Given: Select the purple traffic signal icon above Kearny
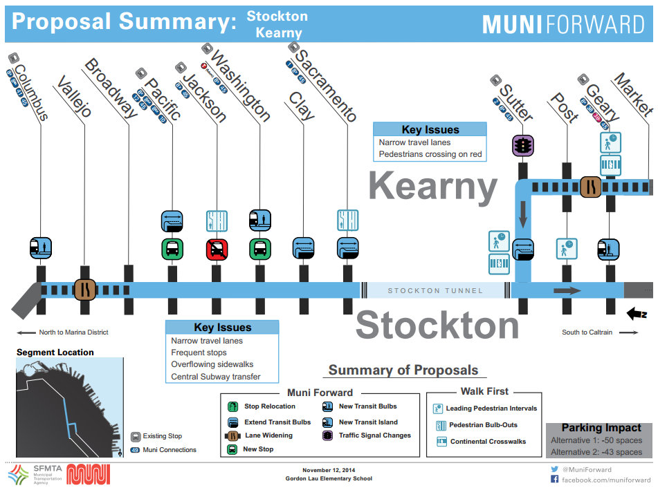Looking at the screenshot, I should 522,146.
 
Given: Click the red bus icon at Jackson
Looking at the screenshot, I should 216,249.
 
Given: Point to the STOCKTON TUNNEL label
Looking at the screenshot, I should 435,291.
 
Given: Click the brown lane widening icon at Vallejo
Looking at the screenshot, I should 84,290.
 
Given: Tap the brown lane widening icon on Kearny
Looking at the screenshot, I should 590,186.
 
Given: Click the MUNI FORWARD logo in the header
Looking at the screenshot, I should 563,25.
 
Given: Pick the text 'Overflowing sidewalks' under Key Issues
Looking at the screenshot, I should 212,364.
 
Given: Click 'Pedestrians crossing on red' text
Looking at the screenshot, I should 430,154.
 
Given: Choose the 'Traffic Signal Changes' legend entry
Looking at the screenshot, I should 374,435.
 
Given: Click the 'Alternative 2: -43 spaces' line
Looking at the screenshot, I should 596,452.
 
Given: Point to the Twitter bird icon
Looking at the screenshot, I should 554,469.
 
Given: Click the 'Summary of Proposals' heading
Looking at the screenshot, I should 403,370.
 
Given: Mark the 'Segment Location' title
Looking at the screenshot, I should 55,353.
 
